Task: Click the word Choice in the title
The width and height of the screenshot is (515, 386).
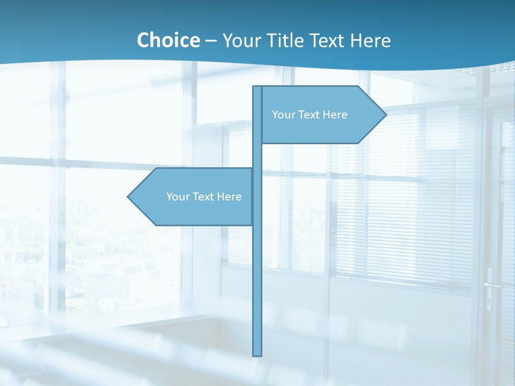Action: tap(168, 40)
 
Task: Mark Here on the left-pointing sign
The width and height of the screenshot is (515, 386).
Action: tap(230, 197)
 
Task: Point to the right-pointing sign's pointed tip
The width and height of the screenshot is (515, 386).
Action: tap(385, 114)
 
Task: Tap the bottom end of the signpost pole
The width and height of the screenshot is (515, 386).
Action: tap(257, 354)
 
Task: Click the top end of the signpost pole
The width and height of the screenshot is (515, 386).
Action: tap(257, 87)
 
